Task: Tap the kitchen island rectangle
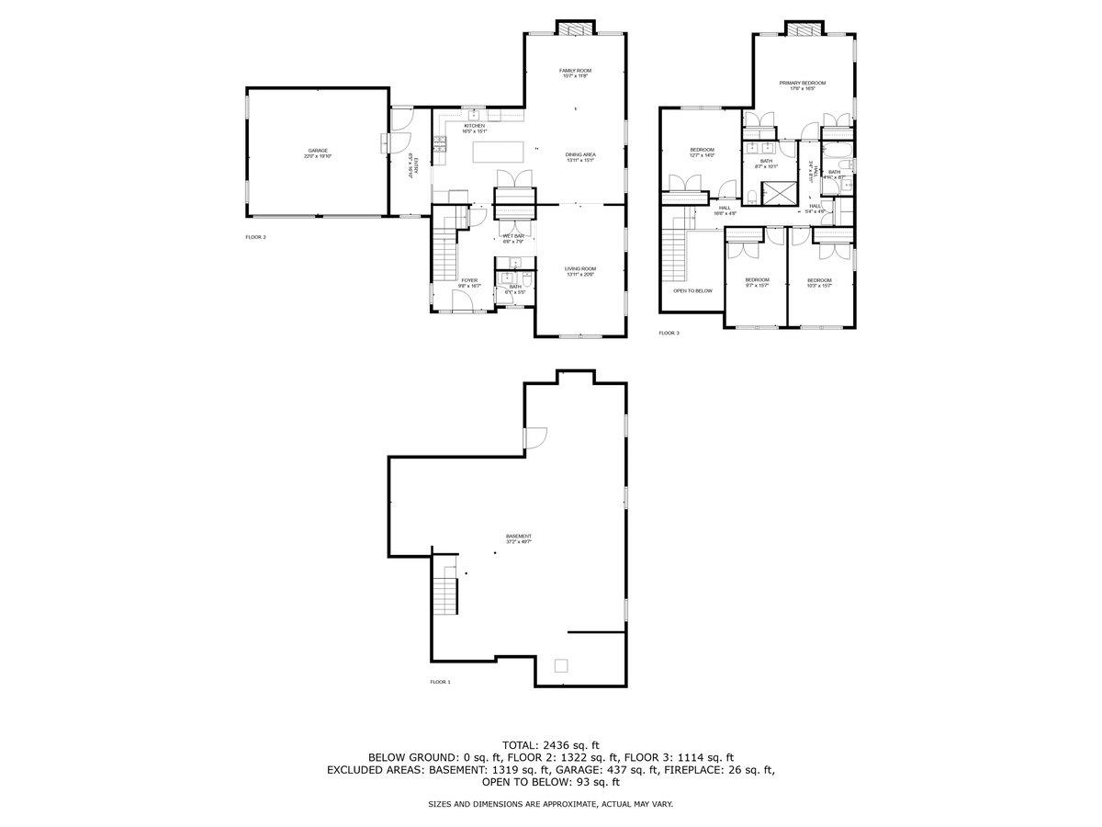500,152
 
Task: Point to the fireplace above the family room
576,29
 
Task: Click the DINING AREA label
580,157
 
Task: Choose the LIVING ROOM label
580,271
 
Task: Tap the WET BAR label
512,238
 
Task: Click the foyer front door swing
462,302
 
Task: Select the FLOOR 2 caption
255,237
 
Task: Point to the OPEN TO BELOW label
692,290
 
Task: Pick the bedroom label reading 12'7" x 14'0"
702,152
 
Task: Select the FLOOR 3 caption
669,333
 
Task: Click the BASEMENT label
518,538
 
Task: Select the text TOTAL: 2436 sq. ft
551,744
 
